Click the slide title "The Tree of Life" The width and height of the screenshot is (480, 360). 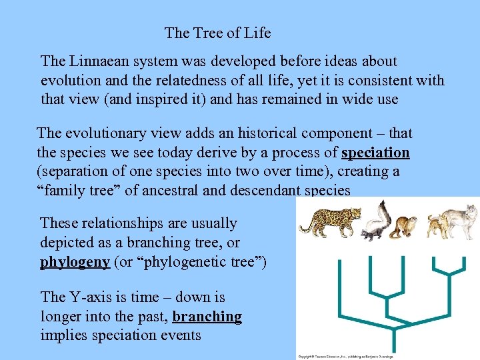(x=217, y=32)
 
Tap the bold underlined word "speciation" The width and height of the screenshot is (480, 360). (x=375, y=153)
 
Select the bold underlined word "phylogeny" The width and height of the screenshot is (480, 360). (x=75, y=261)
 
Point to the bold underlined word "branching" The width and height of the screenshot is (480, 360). (x=207, y=316)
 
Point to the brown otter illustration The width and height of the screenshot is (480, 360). (x=404, y=226)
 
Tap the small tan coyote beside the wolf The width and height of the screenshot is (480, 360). (x=437, y=227)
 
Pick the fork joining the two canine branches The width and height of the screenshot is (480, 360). (x=453, y=274)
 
